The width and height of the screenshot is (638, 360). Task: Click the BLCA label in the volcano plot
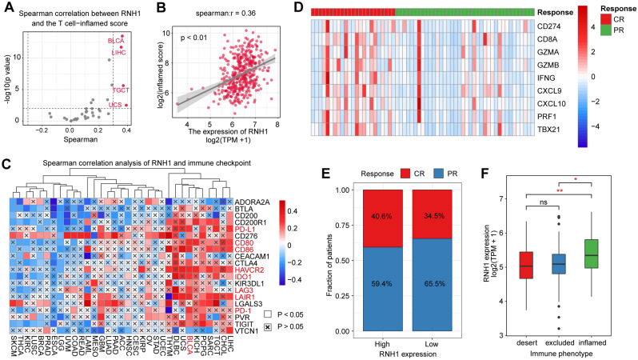pyautogui.click(x=117, y=39)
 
